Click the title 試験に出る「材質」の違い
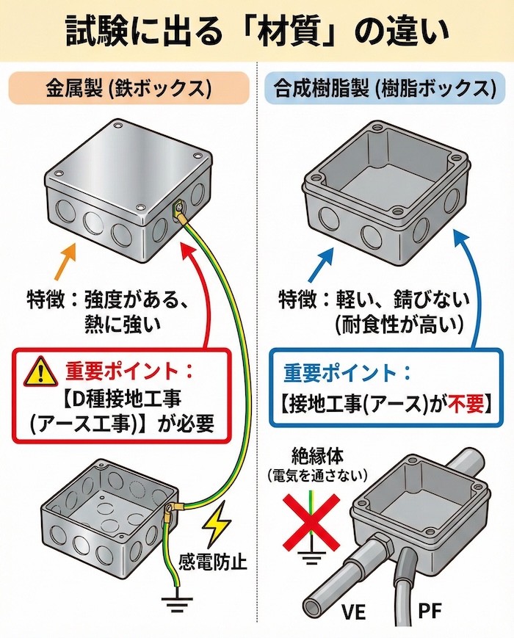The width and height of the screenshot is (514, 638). (256, 31)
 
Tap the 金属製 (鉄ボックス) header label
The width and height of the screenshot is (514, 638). (128, 90)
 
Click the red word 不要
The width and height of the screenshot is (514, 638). (460, 402)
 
